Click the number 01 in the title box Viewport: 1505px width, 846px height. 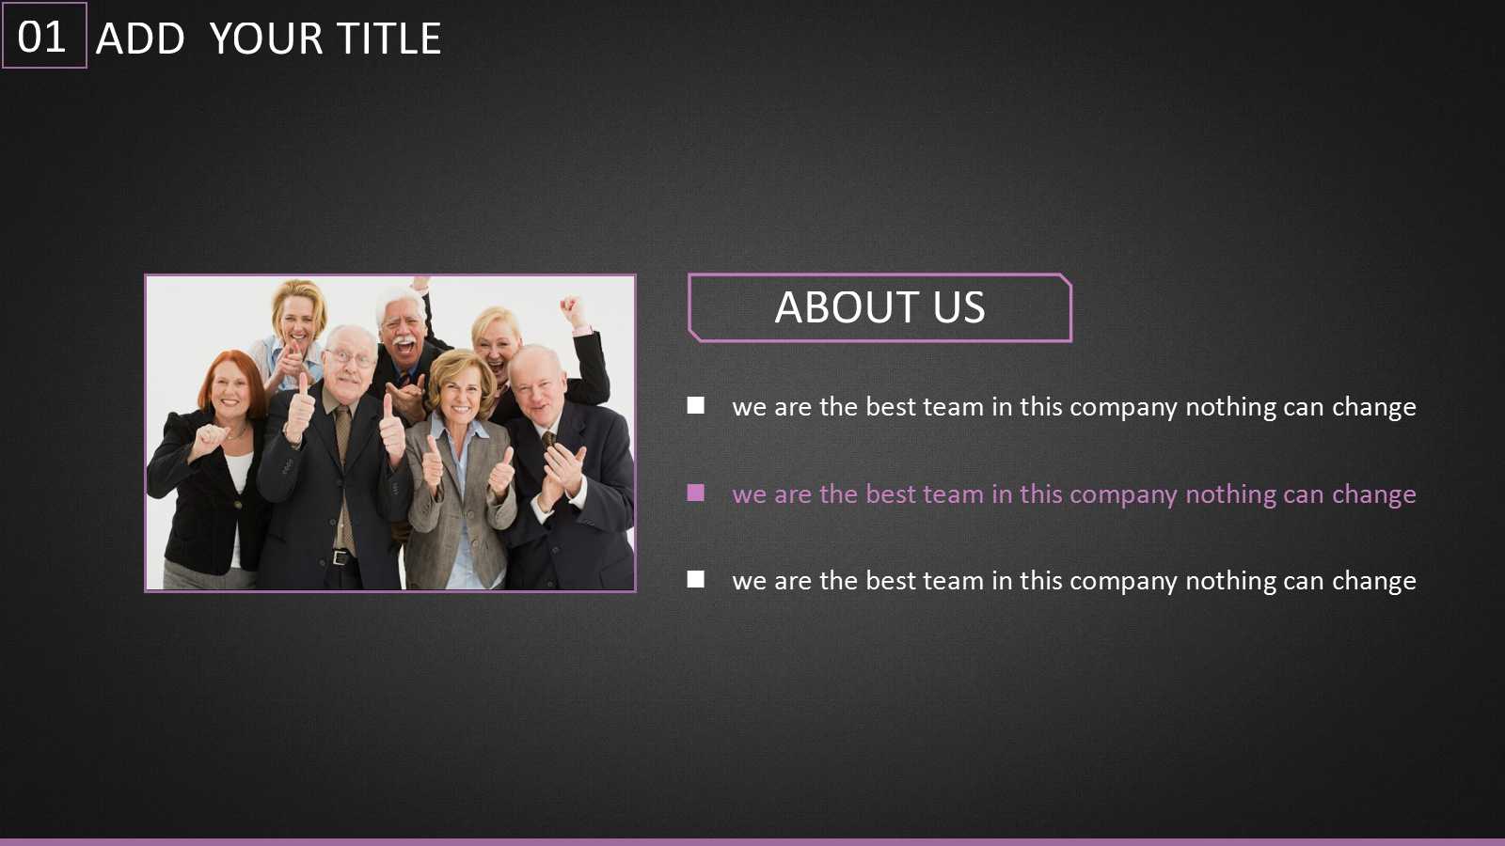click(x=41, y=37)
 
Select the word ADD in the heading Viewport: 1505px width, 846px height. click(x=140, y=39)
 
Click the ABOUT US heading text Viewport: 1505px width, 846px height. click(x=879, y=307)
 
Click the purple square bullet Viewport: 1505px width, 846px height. click(x=695, y=493)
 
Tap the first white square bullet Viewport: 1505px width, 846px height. click(x=695, y=405)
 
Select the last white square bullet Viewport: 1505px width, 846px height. click(x=695, y=579)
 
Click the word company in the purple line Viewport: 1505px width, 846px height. click(x=1123, y=496)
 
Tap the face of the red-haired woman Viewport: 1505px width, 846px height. click(x=230, y=389)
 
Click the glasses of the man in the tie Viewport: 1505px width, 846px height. click(x=351, y=358)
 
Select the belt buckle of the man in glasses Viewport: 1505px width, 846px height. click(x=340, y=557)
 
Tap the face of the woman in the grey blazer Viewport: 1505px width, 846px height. click(x=461, y=392)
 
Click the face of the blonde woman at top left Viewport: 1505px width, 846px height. click(x=297, y=323)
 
